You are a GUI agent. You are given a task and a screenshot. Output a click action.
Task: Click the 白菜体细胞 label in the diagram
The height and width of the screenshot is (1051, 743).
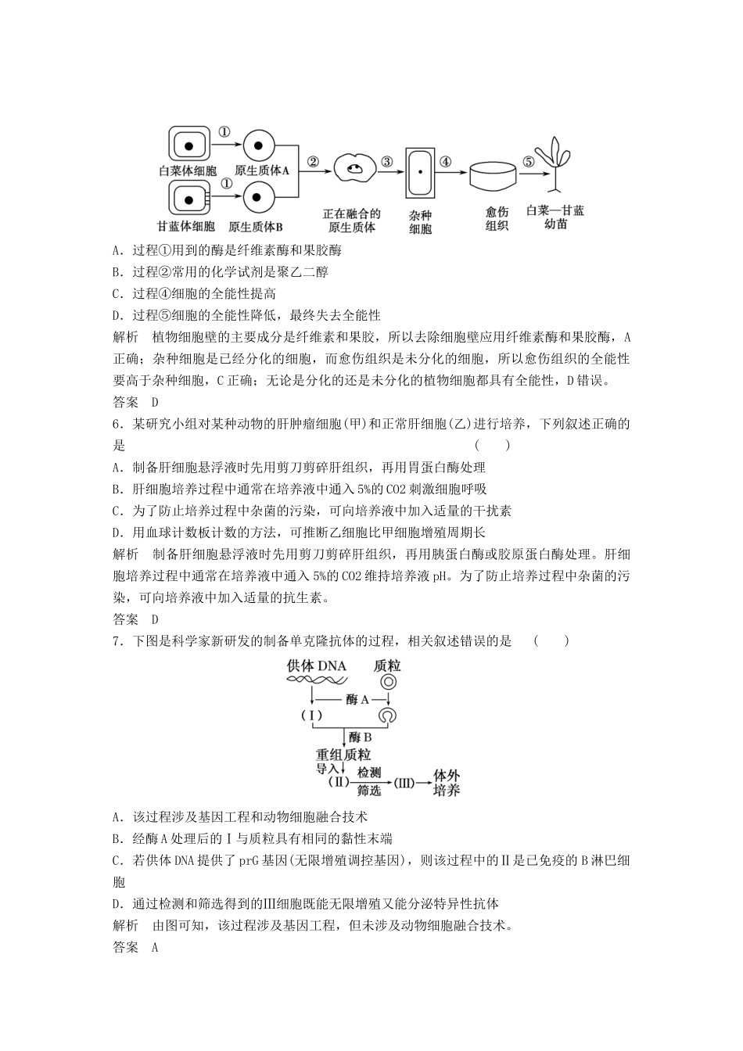point(188,170)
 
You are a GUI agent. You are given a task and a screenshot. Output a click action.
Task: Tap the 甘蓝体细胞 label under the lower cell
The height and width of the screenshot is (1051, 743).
point(186,227)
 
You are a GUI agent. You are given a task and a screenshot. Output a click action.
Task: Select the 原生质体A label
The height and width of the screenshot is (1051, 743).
point(262,170)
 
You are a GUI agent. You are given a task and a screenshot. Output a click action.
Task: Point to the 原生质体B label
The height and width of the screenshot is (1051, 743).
point(256,227)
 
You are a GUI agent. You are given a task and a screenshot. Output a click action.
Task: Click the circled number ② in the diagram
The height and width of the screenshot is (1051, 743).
point(313,163)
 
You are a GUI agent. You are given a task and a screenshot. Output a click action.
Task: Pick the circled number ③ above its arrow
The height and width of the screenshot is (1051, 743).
point(386,162)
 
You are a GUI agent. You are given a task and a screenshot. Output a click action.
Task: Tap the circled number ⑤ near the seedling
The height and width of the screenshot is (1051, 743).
point(529,162)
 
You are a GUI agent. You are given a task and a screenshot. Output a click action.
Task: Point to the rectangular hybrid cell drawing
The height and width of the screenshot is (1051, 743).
point(420,172)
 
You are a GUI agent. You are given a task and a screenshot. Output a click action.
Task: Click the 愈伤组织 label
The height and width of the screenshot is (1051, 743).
point(497,218)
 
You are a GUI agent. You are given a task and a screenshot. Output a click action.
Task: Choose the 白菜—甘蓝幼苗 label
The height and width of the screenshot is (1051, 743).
point(555,217)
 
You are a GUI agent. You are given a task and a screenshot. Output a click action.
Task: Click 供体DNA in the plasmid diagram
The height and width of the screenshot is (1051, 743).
point(316,665)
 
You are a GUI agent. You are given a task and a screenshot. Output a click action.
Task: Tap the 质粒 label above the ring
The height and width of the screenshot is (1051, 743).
point(387,665)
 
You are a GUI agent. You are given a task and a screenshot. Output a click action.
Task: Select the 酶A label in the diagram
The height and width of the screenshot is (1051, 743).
point(357,699)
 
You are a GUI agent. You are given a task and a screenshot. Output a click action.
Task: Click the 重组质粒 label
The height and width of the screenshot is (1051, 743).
point(343,755)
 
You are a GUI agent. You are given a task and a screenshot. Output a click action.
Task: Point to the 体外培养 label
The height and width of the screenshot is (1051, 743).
point(447,782)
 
